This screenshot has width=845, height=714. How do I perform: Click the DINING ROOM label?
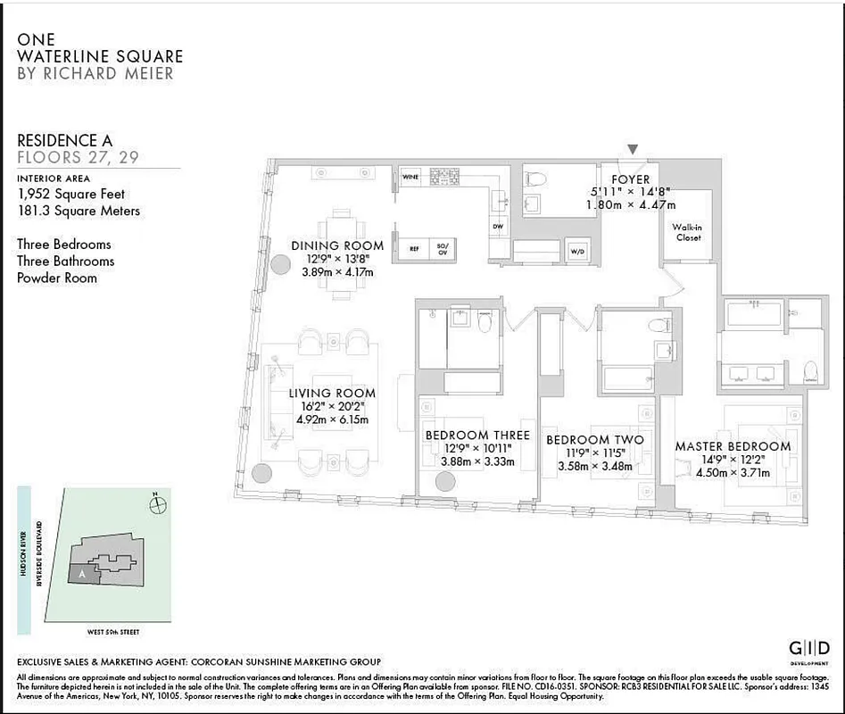click(337, 245)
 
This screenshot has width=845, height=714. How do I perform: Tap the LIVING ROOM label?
click(332, 393)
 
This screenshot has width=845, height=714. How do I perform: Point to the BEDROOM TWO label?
click(594, 440)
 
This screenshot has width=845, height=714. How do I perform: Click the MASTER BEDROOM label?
click(733, 446)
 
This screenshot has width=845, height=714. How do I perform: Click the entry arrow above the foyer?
click(633, 150)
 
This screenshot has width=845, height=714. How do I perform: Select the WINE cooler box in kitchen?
click(410, 177)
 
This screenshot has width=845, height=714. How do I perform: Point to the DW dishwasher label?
click(497, 227)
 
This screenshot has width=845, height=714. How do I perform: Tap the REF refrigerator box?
click(415, 249)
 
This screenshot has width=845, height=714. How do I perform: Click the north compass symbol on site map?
click(159, 504)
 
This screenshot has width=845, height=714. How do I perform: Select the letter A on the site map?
click(82, 575)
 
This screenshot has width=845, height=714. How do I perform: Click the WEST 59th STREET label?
click(112, 632)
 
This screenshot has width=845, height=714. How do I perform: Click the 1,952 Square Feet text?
click(71, 194)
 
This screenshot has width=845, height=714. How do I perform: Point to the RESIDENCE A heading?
click(70, 140)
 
